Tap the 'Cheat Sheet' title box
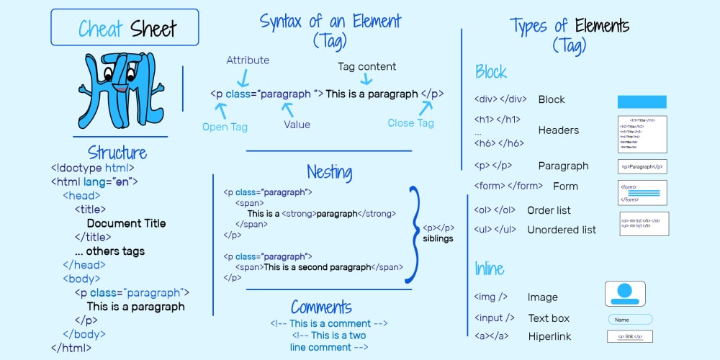[125, 27]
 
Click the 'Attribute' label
[248, 60]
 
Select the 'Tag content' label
[366, 66]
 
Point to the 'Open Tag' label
[225, 127]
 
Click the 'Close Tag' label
[410, 123]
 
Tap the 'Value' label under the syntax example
[297, 125]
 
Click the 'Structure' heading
[117, 153]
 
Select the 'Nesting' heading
[329, 172]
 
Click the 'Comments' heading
[321, 307]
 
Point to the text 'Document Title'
[126, 223]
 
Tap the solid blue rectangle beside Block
[642, 102]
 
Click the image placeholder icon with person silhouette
[624, 294]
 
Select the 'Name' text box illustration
[630, 319]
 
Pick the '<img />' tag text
[490, 297]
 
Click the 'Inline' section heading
[489, 269]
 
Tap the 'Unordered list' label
[562, 230]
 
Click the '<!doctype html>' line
[92, 168]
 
